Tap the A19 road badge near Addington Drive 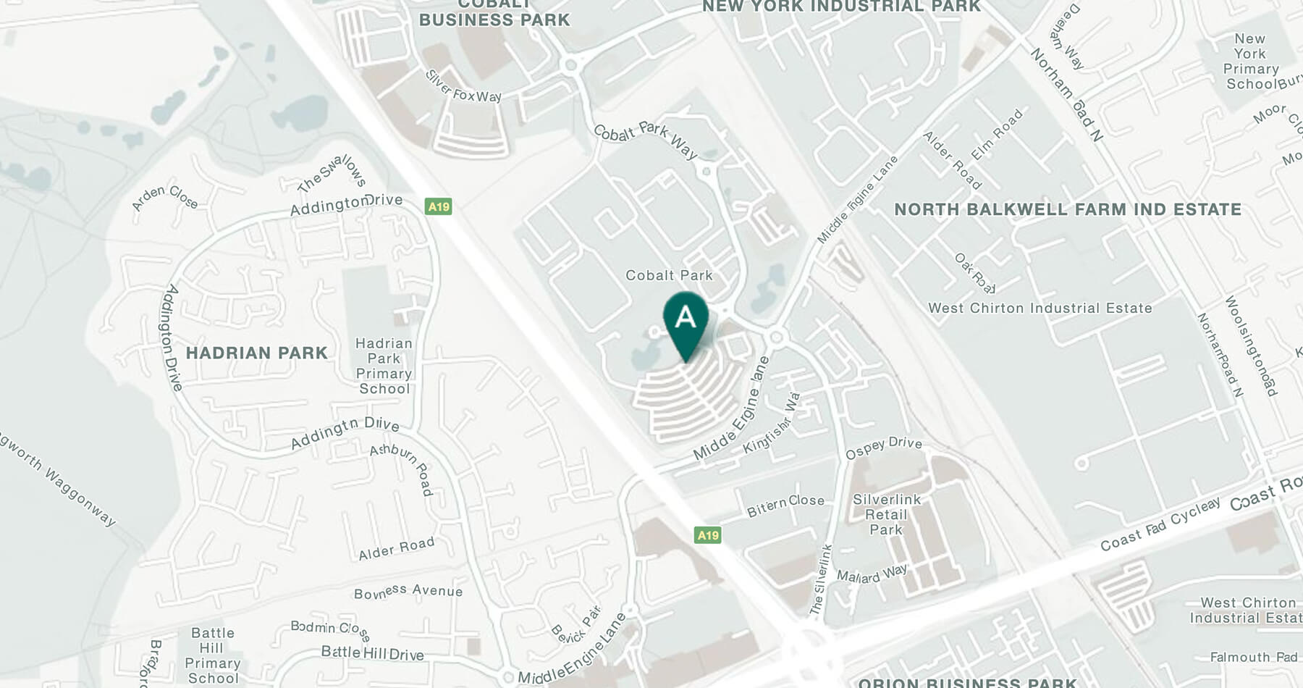tap(439, 206)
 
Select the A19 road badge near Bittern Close tap(707, 535)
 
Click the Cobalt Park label tap(669, 275)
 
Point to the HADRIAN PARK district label tap(257, 353)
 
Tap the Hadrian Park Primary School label tap(384, 366)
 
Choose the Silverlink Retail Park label tap(887, 514)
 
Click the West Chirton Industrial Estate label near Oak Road tap(1040, 308)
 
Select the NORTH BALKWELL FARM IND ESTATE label tap(1068, 209)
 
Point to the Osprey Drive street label tap(884, 447)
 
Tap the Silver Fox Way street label tap(463, 87)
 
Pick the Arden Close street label tap(165, 197)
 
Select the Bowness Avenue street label tap(408, 592)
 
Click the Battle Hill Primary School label tap(212, 655)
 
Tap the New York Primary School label tap(1251, 62)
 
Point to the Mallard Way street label tap(872, 574)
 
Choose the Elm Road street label tap(997, 135)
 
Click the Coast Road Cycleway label tap(1160, 524)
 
